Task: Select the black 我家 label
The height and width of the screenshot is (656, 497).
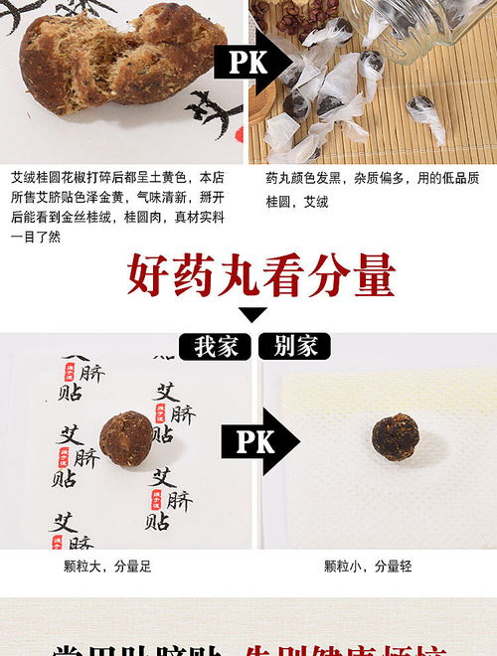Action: [x=216, y=347]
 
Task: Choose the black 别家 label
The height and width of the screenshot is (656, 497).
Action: [x=295, y=347]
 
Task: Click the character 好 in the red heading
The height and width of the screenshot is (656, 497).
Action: [x=148, y=277]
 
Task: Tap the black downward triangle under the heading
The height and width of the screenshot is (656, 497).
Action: [x=252, y=315]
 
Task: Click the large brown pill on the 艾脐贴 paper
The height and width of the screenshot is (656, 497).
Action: [x=126, y=438]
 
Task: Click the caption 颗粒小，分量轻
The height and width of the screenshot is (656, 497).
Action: [x=368, y=567]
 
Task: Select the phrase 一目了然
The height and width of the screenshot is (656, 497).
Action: [x=35, y=236]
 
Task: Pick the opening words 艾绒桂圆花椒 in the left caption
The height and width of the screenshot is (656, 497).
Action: [x=45, y=178]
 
